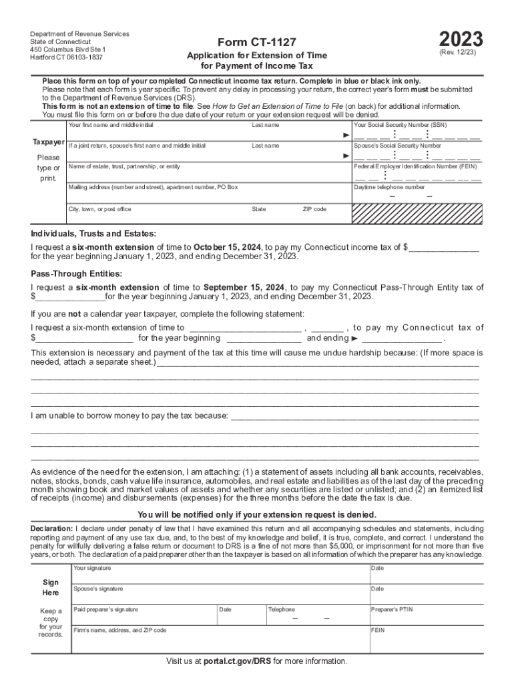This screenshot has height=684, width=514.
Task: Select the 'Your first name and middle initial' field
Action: tap(157, 134)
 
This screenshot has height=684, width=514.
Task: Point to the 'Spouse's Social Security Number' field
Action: tap(417, 156)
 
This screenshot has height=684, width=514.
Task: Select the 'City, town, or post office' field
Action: tap(157, 218)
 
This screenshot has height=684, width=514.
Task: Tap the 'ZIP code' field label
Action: tap(314, 210)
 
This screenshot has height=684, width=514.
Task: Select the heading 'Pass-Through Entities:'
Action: tap(76, 274)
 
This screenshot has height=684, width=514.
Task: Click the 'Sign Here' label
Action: tap(51, 587)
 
